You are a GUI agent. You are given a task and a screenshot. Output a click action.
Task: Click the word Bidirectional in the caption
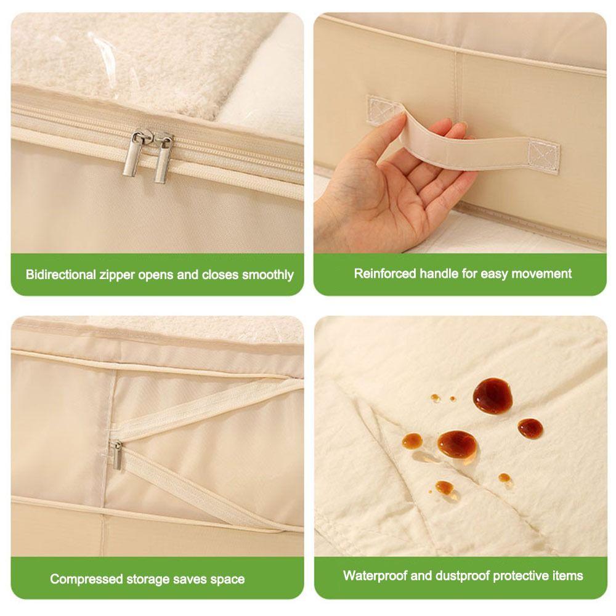[x=61, y=275]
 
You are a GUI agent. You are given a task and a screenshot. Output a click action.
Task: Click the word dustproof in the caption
[x=458, y=576]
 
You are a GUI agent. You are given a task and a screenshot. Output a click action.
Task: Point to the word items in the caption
[x=567, y=576]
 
